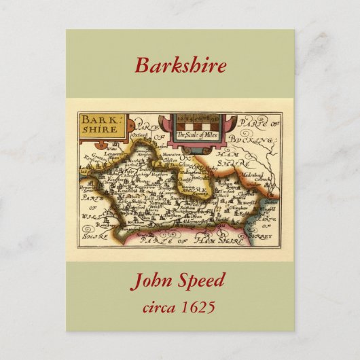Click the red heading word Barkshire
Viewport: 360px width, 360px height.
[x=180, y=66]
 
